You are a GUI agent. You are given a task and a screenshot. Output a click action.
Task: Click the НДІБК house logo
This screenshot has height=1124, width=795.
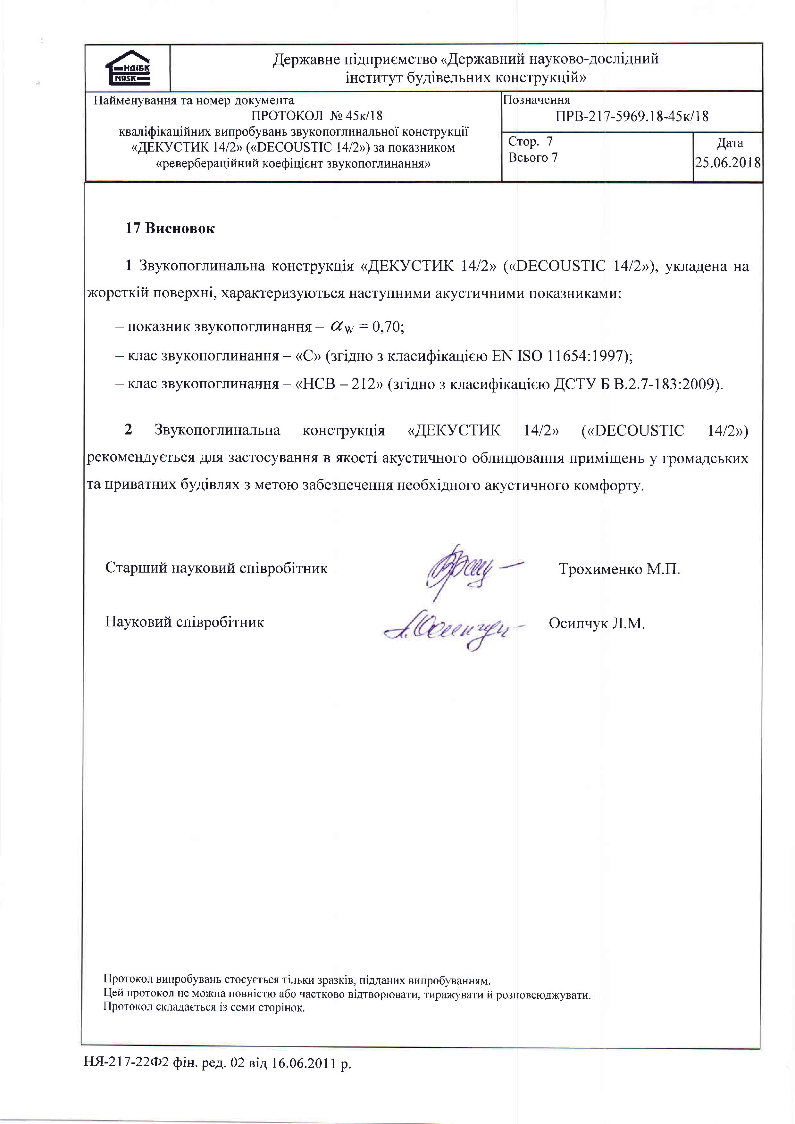click(127, 68)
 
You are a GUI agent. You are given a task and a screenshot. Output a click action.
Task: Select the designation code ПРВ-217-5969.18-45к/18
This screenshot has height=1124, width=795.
click(632, 117)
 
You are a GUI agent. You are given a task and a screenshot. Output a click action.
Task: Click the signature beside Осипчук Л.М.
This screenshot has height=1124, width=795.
click(448, 630)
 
